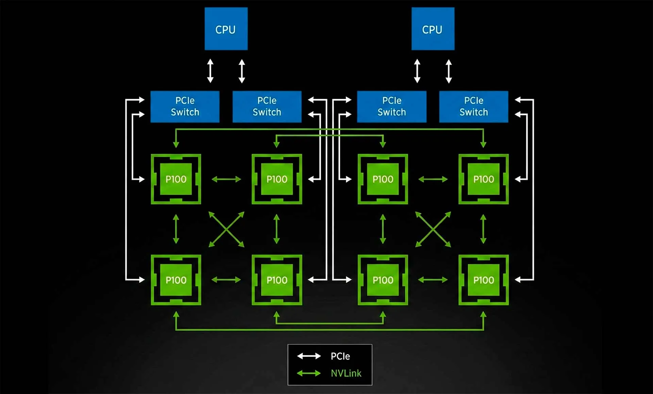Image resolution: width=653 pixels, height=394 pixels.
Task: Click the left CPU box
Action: pos(226,29)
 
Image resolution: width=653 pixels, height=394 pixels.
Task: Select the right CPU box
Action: pos(433,29)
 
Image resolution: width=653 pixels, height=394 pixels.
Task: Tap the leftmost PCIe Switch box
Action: pos(185,107)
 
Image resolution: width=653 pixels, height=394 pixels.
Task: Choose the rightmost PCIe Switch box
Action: pos(473,107)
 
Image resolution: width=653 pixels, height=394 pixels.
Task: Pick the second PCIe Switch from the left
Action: pos(267,107)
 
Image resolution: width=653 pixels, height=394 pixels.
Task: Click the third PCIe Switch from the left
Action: pos(391,107)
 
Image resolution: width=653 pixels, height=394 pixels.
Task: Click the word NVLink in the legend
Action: pos(346,373)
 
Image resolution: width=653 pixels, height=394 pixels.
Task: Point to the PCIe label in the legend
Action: pos(340,356)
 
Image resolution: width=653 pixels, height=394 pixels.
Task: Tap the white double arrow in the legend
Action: pos(309,356)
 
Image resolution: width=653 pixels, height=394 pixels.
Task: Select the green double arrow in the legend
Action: pos(309,373)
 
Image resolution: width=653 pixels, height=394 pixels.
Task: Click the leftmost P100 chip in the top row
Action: pos(176,179)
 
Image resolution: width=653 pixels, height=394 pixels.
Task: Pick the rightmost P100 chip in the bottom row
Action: pos(483,280)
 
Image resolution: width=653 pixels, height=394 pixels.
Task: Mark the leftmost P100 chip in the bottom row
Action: pos(176,280)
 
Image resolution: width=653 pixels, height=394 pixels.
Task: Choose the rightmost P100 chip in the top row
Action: pos(483,179)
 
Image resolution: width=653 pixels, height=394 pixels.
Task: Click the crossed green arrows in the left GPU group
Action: pos(226,229)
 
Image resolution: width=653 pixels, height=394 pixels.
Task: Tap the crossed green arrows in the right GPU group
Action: pos(433,229)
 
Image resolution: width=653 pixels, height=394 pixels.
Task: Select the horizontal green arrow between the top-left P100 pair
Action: pos(226,179)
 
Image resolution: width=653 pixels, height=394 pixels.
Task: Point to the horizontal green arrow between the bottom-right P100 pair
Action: pos(433,280)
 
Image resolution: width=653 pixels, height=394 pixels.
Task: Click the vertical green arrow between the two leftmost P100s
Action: pos(176,229)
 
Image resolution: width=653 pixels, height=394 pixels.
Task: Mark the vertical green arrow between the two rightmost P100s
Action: pos(483,229)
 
